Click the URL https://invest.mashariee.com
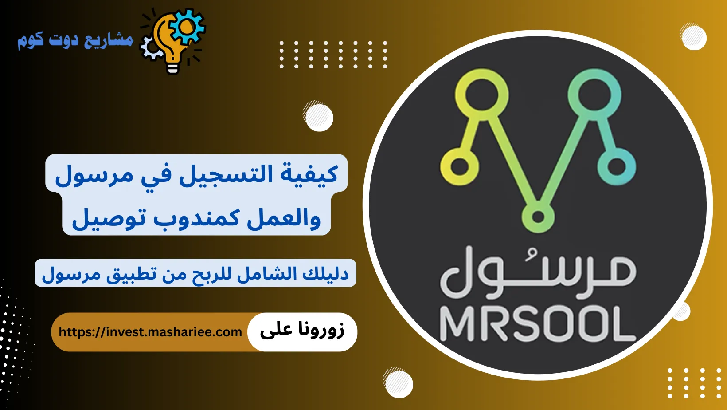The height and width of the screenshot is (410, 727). click(150, 332)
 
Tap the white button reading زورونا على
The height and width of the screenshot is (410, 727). click(302, 331)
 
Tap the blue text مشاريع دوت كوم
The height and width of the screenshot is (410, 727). click(75, 40)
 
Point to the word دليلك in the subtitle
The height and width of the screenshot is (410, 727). click(326, 273)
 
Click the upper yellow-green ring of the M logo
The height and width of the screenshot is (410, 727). click(482, 95)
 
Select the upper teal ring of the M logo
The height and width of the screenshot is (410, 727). click(594, 95)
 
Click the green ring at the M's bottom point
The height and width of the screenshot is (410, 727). click(538, 217)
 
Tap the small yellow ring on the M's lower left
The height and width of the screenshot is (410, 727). click(460, 167)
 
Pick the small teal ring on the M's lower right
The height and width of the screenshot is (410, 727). click(617, 167)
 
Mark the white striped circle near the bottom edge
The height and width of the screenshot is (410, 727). click(398, 383)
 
